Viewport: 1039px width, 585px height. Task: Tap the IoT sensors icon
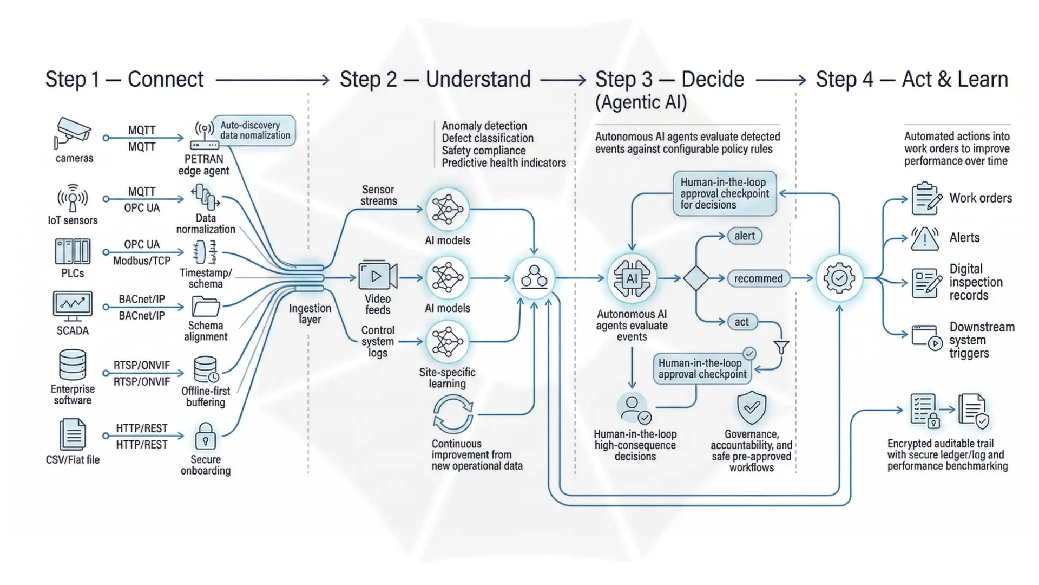pyautogui.click(x=73, y=198)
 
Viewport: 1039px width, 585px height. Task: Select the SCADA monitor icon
pyautogui.click(x=73, y=305)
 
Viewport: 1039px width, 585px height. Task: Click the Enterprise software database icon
pyautogui.click(x=73, y=365)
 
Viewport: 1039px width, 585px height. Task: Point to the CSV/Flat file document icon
pyautogui.click(x=73, y=434)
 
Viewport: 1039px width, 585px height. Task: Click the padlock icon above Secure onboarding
pyautogui.click(x=205, y=437)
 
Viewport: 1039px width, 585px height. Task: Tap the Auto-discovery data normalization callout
pyautogui.click(x=254, y=131)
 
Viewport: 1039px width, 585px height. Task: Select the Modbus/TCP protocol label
pyautogui.click(x=142, y=261)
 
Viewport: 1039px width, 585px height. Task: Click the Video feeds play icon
pyautogui.click(x=377, y=277)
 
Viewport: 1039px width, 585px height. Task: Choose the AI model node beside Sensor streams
pyautogui.click(x=448, y=210)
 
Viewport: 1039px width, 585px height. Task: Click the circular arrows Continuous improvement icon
pyautogui.click(x=453, y=414)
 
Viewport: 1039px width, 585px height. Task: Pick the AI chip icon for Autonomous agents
pyautogui.click(x=632, y=278)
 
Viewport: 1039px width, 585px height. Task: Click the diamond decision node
pyautogui.click(x=696, y=278)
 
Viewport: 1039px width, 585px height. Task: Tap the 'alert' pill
pyautogui.click(x=745, y=236)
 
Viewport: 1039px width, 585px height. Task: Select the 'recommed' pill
pyautogui.click(x=758, y=278)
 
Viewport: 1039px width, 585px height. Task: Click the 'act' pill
pyautogui.click(x=741, y=322)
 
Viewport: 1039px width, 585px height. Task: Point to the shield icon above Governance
pyautogui.click(x=752, y=407)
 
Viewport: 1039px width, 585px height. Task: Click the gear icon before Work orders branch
pyautogui.click(x=839, y=278)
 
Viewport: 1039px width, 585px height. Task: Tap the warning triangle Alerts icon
pyautogui.click(x=925, y=239)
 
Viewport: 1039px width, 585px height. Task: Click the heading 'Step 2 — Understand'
pyautogui.click(x=435, y=80)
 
